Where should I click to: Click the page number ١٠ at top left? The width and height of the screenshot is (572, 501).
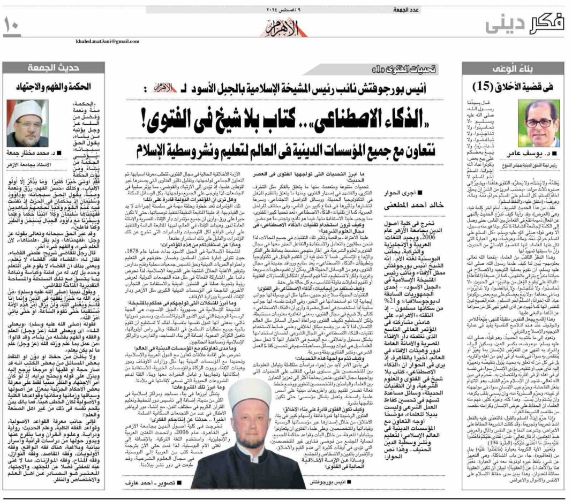click(12, 25)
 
